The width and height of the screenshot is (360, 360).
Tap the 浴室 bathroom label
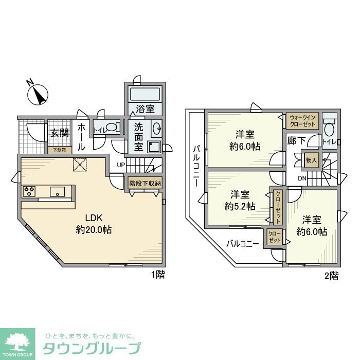[x=145, y=109]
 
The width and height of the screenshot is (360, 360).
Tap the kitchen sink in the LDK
[x=58, y=192]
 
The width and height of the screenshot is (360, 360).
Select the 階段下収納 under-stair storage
[x=145, y=183]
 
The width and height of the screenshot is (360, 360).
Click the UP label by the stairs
[x=120, y=165]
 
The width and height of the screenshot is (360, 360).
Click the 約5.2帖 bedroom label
[x=239, y=201]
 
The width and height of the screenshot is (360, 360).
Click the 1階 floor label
[x=157, y=275]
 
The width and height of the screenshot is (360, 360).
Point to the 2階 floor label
[x=331, y=276]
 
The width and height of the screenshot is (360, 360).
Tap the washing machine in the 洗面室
[x=154, y=146]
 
